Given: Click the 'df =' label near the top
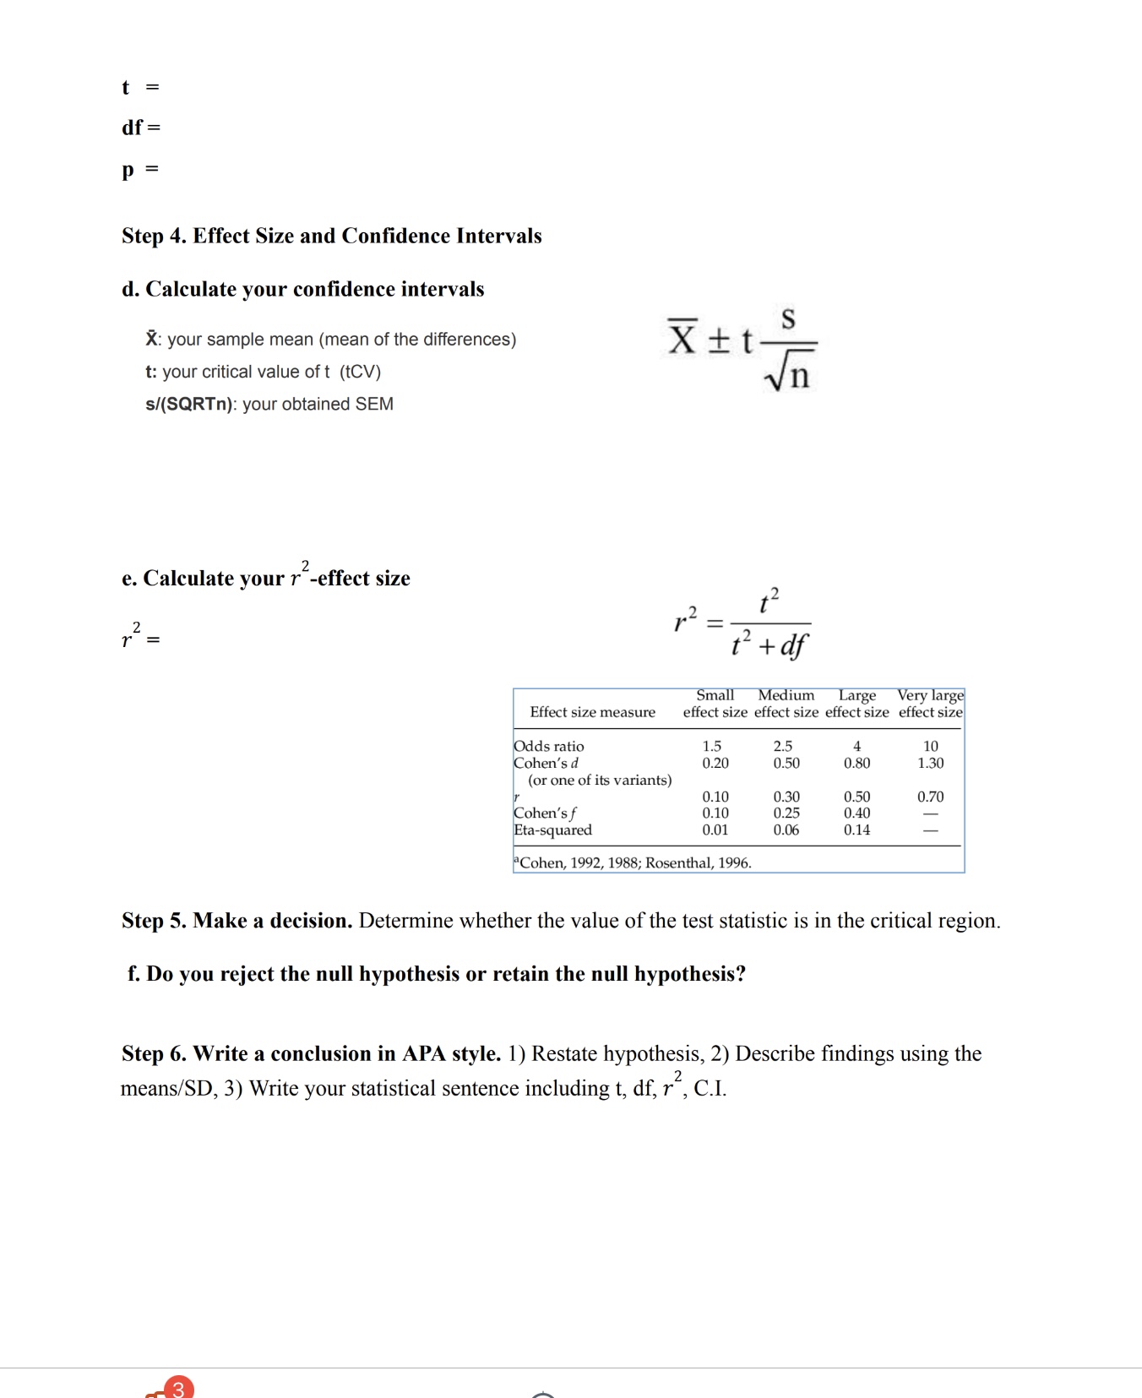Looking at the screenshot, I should [x=140, y=128].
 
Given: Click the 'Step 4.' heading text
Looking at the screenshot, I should [x=155, y=236].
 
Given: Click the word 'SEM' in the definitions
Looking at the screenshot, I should [x=374, y=404].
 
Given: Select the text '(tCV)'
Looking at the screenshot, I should [x=361, y=372].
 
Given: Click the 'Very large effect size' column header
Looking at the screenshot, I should [x=930, y=704].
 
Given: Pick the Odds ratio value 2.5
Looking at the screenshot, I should [x=783, y=746].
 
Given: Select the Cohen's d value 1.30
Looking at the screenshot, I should [x=930, y=763].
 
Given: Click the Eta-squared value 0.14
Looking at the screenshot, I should [x=856, y=830].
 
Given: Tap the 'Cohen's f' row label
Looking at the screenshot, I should [x=545, y=813].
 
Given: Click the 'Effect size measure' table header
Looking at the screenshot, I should [x=592, y=712].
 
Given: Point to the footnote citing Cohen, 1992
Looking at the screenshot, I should [x=634, y=862].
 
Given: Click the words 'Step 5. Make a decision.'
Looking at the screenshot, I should [x=237, y=921].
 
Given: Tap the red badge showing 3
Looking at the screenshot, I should [x=178, y=1388].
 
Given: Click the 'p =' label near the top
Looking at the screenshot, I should [x=140, y=169].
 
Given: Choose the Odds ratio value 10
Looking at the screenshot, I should [x=930, y=746].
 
